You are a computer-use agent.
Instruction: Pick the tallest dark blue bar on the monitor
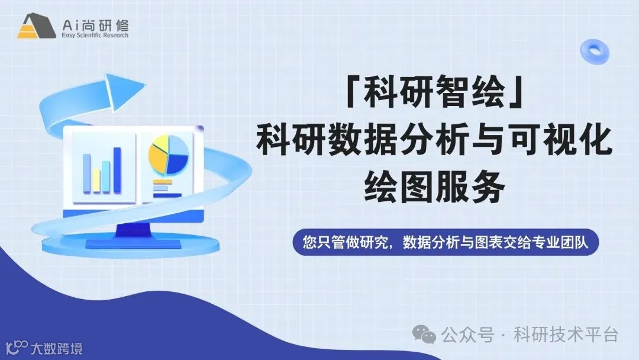point(117,170)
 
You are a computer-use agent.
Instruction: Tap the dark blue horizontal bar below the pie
point(167,194)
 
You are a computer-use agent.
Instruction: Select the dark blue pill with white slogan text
point(446,243)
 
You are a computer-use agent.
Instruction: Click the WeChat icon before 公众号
point(428,335)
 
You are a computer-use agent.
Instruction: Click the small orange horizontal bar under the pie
point(162,182)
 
